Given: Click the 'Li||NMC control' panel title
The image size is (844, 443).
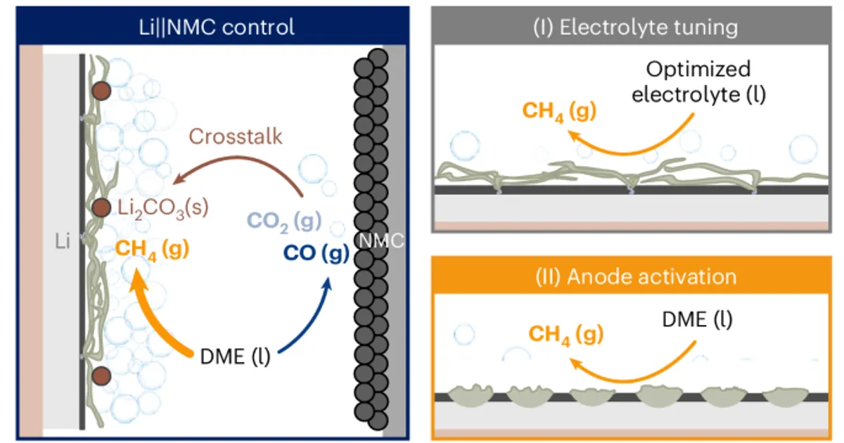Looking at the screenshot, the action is [x=217, y=27].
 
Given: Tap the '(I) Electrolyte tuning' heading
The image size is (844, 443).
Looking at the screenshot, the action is [x=635, y=28].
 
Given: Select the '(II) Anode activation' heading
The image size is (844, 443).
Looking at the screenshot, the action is [x=636, y=277].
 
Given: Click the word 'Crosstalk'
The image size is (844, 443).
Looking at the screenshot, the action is [x=236, y=136].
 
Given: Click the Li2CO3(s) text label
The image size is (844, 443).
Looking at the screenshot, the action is [x=162, y=208].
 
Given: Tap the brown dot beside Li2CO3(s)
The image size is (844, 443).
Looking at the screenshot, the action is [x=101, y=208].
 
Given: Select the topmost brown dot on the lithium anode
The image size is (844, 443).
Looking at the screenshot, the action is [x=101, y=91].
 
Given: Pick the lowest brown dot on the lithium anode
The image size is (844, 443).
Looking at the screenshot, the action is [x=101, y=376].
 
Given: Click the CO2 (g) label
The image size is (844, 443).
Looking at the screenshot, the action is [x=284, y=222].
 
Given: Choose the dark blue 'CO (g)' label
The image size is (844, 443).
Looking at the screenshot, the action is [x=316, y=253].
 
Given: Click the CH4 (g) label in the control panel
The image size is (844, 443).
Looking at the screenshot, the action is [x=152, y=250].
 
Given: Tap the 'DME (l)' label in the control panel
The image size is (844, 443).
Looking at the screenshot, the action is [x=235, y=357].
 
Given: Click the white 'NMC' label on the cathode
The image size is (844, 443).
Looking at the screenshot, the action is [x=381, y=240].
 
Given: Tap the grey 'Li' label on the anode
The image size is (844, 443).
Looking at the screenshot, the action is [x=63, y=241].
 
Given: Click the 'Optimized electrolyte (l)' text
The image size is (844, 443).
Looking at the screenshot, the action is [x=698, y=82].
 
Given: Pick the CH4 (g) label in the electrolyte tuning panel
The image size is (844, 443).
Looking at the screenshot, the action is [x=559, y=112].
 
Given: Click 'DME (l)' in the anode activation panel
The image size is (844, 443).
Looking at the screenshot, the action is [x=698, y=320].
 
